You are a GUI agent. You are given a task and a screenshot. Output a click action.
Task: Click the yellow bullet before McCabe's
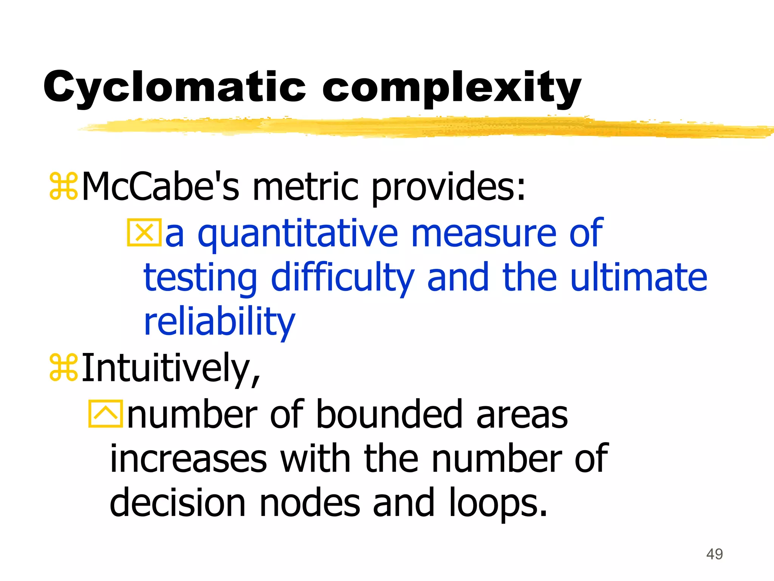[x=63, y=186]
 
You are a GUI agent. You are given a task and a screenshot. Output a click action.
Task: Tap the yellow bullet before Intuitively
[x=63, y=367]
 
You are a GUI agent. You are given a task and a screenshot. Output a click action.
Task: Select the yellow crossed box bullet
[x=144, y=233]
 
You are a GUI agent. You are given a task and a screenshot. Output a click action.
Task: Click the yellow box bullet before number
[x=105, y=414]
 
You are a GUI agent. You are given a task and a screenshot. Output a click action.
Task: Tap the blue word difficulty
[x=342, y=278]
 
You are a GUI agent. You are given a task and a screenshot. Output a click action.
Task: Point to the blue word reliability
[x=219, y=322]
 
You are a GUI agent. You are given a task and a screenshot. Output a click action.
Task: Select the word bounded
[x=389, y=415]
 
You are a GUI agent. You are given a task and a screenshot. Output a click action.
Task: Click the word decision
[x=178, y=503]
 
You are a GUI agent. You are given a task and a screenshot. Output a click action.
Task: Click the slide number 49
[x=714, y=554]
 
